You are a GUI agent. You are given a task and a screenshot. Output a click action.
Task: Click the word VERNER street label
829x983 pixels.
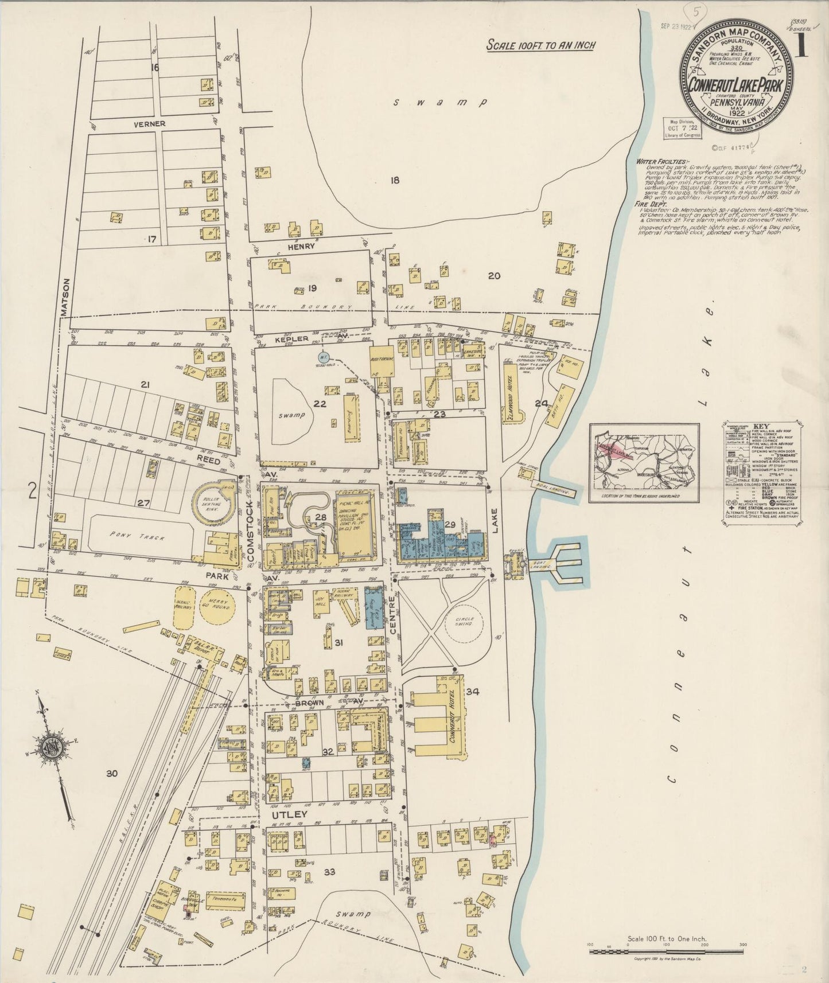pyautogui.click(x=150, y=123)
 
